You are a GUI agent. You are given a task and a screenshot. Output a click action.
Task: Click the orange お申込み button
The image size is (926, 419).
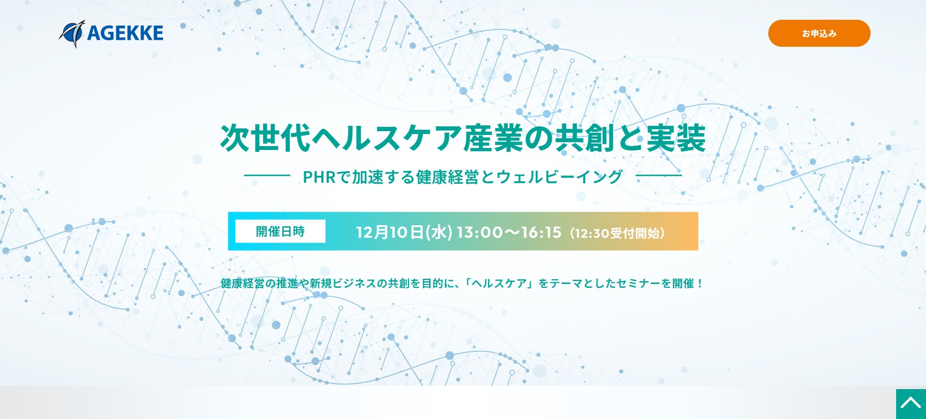coord(819,33)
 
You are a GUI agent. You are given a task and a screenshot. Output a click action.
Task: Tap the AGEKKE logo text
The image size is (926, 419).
coord(125,33)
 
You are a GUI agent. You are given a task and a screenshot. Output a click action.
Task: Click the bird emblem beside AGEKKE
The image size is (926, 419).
coord(72,34)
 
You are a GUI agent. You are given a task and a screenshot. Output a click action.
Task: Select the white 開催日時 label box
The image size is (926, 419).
coord(280,231)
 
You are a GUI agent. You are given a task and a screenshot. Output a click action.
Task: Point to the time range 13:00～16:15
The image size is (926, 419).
coord(509,232)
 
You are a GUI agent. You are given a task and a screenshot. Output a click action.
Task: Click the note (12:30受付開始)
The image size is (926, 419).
coord(617,233)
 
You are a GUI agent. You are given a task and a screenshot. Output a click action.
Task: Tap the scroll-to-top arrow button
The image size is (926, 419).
coord(911,404)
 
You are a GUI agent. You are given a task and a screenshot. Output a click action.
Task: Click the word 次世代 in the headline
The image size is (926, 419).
coord(265,138)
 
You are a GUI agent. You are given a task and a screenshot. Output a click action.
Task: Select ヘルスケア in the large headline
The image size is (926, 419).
coord(387,138)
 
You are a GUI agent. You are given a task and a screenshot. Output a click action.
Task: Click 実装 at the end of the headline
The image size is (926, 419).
coord(676,138)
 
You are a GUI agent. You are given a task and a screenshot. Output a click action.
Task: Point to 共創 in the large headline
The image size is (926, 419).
coord(585,138)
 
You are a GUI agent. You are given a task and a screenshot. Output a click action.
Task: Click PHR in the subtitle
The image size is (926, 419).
coord(319,177)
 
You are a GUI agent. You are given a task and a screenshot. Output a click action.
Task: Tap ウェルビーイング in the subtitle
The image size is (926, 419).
coord(559,177)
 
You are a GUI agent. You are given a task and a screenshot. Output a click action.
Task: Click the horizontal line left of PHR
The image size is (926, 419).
coord(267,176)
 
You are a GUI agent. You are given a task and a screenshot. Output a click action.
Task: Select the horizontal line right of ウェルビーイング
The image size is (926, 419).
coord(659,176)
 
